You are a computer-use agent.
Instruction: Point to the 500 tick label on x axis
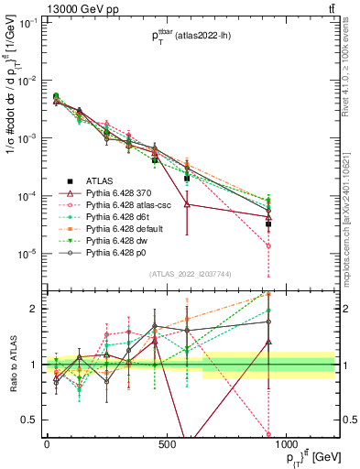tap(167, 444)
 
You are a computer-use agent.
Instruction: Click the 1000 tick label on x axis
tap(287, 444)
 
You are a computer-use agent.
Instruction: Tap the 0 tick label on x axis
tap(47, 444)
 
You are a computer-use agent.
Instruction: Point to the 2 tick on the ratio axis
tap(37, 309)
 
